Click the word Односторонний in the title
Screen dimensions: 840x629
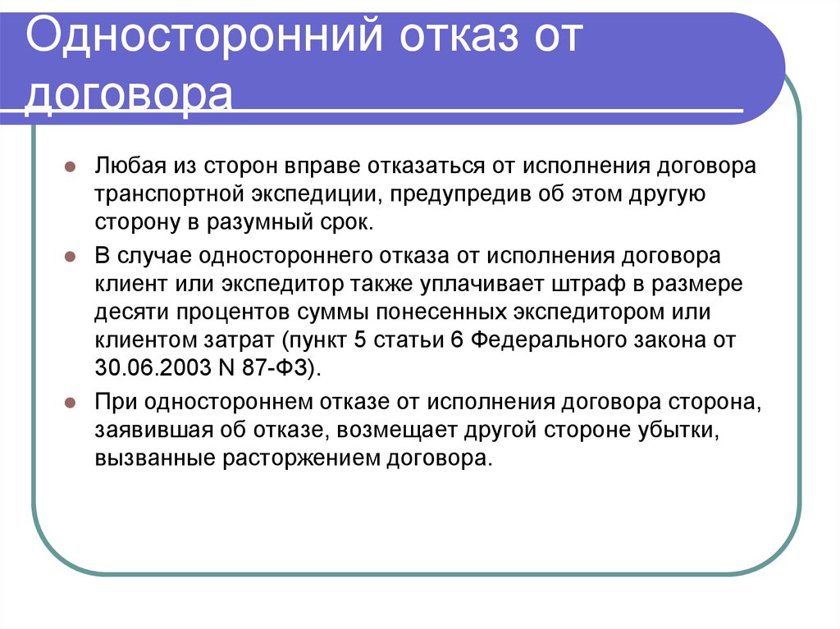coord(204,36)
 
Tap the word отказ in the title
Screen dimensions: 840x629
coord(459,36)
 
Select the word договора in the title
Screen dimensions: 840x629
coord(129,94)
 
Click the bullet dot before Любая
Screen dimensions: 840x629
coord(71,166)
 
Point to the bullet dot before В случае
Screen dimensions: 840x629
coord(71,257)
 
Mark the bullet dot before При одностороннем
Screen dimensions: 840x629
coord(71,403)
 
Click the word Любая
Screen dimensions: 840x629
coord(130,166)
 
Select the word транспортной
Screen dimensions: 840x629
coord(169,194)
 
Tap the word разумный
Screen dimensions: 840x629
coord(257,221)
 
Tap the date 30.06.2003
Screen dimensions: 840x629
coord(153,367)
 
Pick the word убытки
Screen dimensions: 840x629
coord(678,431)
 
